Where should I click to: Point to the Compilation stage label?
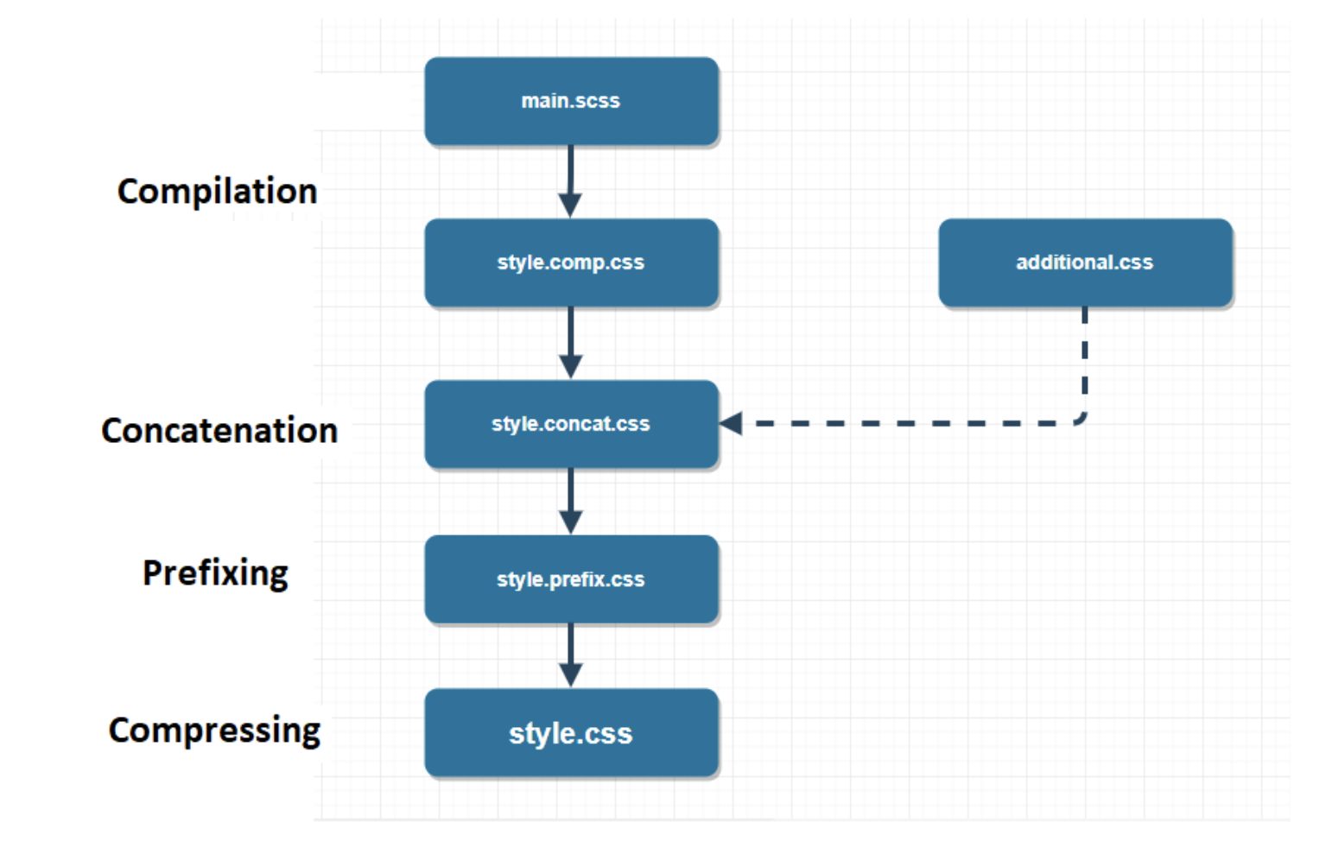click(x=217, y=191)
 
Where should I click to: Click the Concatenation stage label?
click(x=219, y=430)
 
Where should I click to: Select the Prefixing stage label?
click(x=215, y=573)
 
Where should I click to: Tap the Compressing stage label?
click(x=214, y=730)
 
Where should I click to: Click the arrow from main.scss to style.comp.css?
click(x=570, y=180)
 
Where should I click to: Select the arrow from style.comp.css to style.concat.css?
click(x=570, y=342)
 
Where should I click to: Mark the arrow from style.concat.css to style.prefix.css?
click(x=570, y=501)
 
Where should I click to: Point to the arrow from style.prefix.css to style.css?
click(x=570, y=654)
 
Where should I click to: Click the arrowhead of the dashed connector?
click(x=731, y=423)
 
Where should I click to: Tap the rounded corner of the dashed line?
click(x=1081, y=419)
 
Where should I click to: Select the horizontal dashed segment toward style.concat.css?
click(x=907, y=423)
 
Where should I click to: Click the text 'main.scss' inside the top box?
click(x=571, y=101)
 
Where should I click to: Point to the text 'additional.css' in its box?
click(x=1085, y=262)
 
